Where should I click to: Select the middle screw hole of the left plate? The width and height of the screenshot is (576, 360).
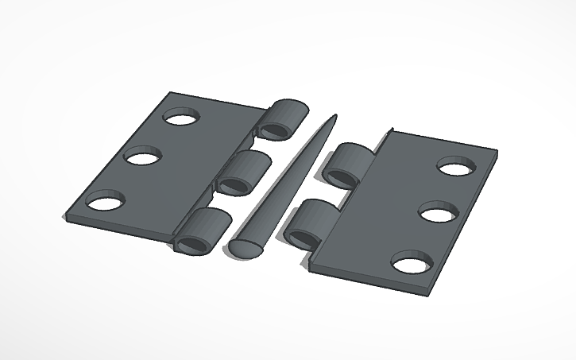click(143, 157)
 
